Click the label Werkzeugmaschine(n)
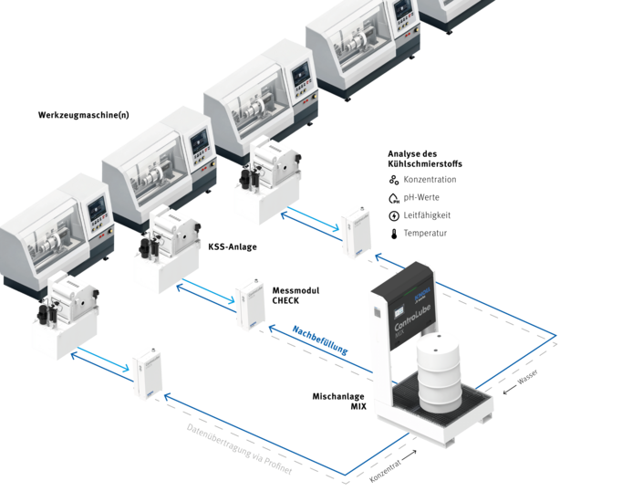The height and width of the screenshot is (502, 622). point(83,115)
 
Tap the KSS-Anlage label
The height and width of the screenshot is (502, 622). point(233,246)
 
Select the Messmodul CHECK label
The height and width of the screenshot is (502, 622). point(295,296)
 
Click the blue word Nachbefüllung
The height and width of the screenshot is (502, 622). point(320,340)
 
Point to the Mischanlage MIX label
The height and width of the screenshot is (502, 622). point(339,402)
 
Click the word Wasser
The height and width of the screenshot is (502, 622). point(527,377)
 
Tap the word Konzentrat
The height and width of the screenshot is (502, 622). point(385,471)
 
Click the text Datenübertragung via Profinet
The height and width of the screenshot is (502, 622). point(240,449)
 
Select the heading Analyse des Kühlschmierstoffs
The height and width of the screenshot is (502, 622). point(425,159)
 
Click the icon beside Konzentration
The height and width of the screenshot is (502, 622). point(393,180)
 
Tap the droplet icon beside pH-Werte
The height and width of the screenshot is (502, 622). point(393,198)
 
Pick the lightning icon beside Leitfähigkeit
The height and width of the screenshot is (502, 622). point(393,215)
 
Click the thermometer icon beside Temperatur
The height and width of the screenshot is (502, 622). point(394,234)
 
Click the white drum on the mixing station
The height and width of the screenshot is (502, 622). point(439,373)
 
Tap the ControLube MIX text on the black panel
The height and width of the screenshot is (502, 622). point(412,319)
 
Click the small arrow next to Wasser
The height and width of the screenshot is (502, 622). point(510,390)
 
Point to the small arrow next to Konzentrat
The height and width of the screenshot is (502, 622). point(409,454)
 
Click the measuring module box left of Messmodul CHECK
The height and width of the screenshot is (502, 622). point(250,304)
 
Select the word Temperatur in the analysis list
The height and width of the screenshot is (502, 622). point(425,234)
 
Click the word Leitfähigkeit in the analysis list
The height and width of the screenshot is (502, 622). point(427,215)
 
